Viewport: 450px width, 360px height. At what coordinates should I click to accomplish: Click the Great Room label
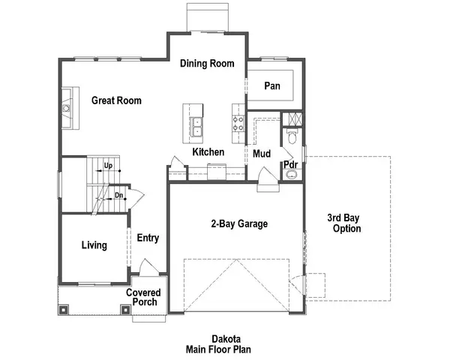(x=116, y=100)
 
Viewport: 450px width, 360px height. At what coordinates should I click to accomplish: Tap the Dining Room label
(x=207, y=64)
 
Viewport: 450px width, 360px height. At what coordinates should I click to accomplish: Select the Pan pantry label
(x=271, y=87)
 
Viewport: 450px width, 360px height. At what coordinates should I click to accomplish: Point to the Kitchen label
(x=208, y=152)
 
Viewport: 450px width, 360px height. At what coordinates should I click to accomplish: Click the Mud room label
(x=261, y=154)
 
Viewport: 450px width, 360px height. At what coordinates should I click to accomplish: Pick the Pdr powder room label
(x=289, y=165)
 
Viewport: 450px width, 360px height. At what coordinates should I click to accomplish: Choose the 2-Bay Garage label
(x=239, y=223)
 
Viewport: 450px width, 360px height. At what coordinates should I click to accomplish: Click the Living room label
(x=94, y=245)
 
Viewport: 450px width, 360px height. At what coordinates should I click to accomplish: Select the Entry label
(x=148, y=238)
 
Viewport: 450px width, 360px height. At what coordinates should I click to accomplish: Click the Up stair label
(x=108, y=165)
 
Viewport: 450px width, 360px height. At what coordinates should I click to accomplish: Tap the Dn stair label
(x=118, y=196)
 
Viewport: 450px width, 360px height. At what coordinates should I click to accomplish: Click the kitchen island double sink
(x=197, y=127)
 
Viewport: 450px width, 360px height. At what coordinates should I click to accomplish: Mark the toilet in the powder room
(x=292, y=137)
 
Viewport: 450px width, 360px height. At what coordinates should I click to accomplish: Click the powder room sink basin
(x=292, y=175)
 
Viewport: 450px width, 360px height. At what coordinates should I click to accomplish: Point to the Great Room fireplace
(x=67, y=108)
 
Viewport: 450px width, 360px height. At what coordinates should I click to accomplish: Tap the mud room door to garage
(x=266, y=180)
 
